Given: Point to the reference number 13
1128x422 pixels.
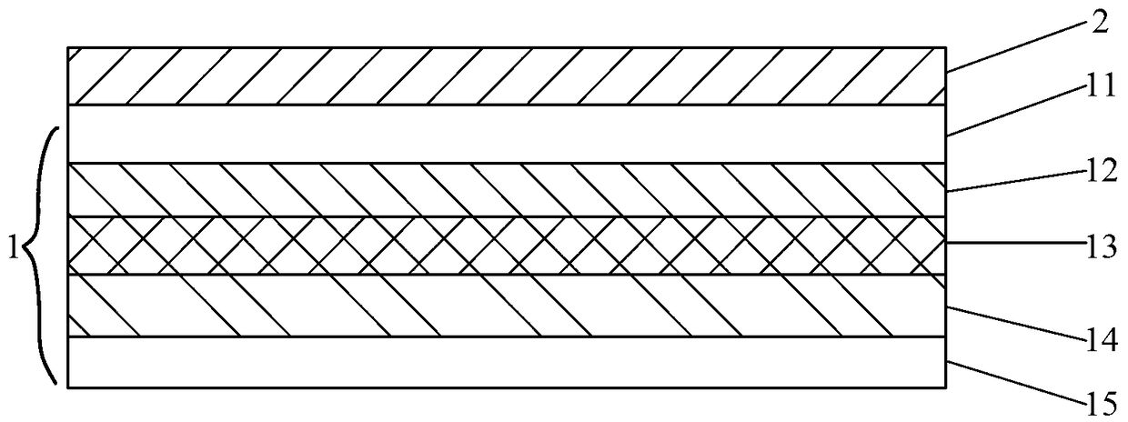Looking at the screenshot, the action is (1103, 248).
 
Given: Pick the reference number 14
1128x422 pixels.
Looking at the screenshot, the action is (1103, 342).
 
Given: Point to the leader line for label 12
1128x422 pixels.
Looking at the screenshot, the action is (1016, 181).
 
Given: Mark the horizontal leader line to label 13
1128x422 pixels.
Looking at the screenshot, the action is (1016, 243).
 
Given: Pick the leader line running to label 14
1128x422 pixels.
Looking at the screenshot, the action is (1016, 324).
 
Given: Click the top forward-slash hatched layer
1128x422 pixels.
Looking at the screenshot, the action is (507, 76).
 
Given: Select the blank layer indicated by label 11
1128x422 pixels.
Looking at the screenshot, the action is (507, 134).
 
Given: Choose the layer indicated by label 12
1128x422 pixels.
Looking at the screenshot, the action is (507, 190).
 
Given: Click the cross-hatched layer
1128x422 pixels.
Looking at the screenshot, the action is (507, 246).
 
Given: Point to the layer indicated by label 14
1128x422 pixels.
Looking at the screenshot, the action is (507, 306).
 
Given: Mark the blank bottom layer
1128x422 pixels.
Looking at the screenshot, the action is (507, 362).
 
